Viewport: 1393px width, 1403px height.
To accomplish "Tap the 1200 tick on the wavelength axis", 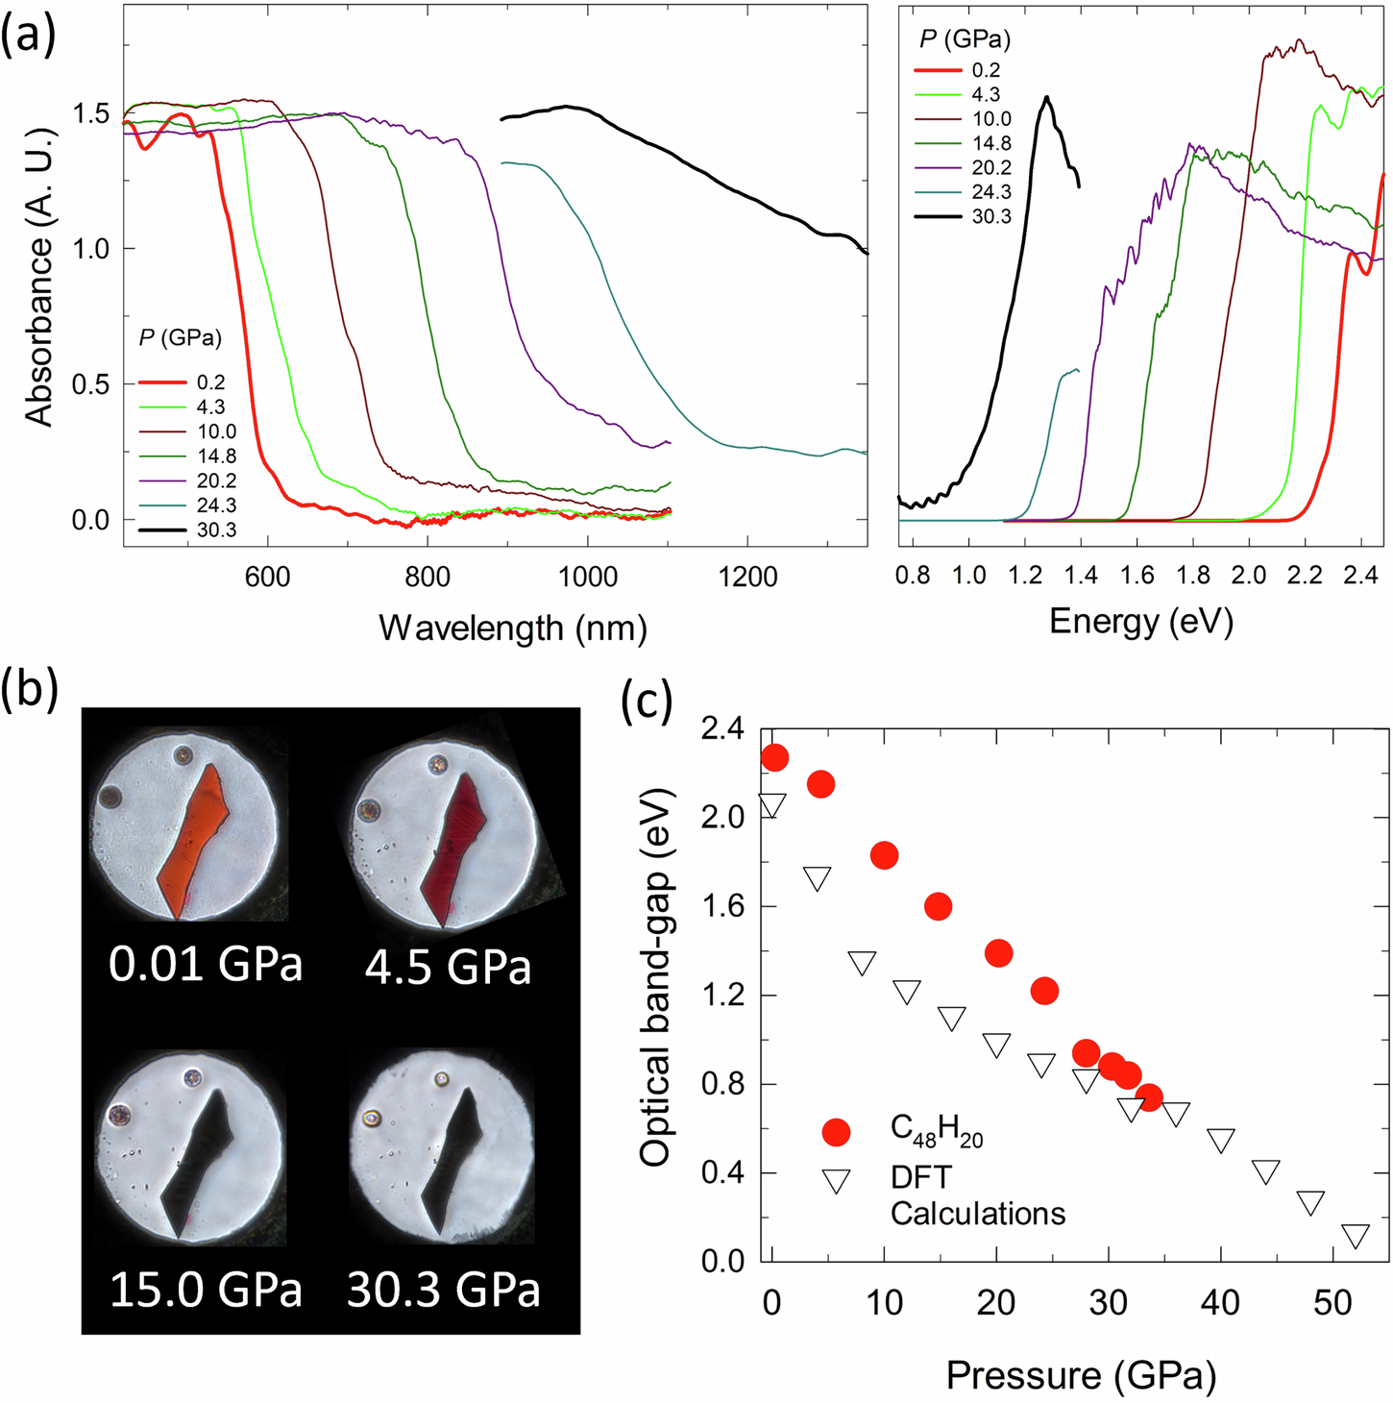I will tap(747, 578).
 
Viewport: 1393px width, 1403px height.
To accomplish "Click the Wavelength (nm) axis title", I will tap(513, 628).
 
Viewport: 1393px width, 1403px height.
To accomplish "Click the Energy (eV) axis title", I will tap(1141, 622).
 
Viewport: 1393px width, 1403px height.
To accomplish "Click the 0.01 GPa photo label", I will tap(206, 964).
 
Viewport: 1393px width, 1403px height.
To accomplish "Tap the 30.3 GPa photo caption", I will tap(443, 1290).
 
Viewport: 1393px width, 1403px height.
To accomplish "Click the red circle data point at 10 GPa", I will tap(884, 855).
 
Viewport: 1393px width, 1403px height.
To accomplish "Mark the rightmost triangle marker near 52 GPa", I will tap(1355, 1236).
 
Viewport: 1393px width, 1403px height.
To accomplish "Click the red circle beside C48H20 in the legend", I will tap(837, 1132).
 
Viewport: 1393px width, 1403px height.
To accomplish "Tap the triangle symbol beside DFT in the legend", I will tap(837, 1180).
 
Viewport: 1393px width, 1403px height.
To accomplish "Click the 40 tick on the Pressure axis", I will tap(1220, 1304).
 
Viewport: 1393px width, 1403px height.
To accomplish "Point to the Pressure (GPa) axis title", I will tap(1081, 1375).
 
